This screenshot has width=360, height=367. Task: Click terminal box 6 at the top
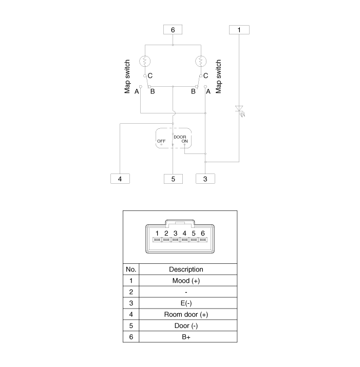[173, 30]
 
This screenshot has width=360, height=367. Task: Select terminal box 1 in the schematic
[239, 30]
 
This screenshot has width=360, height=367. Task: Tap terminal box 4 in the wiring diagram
[120, 179]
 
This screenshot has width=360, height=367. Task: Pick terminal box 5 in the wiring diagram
[173, 179]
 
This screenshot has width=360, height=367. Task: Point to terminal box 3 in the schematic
[205, 179]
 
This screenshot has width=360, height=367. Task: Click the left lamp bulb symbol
[145, 61]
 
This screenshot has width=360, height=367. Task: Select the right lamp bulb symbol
[201, 61]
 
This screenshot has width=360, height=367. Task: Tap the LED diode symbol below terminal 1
[239, 110]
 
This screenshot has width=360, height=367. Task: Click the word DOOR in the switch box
[180, 137]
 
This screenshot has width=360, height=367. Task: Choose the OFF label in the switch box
[161, 141]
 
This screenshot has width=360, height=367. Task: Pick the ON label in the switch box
[184, 141]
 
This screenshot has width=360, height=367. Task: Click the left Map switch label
[127, 76]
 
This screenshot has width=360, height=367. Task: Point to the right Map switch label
[218, 76]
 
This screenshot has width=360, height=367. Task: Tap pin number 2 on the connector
[166, 234]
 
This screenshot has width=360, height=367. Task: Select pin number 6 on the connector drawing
[203, 234]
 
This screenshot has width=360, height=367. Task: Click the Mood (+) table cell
[186, 281]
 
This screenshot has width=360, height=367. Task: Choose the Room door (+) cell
[186, 314]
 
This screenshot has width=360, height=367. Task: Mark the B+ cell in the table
[186, 337]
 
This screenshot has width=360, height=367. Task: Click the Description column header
[186, 269]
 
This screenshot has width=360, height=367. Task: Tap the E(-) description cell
[186, 303]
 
